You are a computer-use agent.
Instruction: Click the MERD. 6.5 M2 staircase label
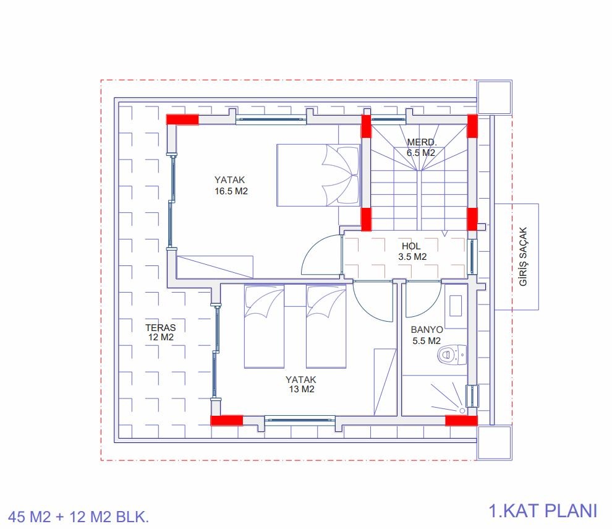point(421,147)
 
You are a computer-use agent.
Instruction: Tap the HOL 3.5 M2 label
point(412,251)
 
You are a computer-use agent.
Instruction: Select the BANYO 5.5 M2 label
point(427,335)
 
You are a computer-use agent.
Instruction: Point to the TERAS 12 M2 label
point(160,332)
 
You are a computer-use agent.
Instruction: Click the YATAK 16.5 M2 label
point(231,185)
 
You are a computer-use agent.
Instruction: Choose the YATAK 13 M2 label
point(301,384)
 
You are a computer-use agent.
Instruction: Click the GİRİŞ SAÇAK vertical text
point(523,256)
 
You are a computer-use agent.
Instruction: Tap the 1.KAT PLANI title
point(543,510)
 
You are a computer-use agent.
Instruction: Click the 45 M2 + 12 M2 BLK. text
point(79,517)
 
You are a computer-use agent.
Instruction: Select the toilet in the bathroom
point(452,355)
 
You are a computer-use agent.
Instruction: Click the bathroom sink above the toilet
point(456,306)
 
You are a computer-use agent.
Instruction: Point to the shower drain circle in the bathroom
point(462,411)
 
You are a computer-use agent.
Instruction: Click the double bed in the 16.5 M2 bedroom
point(318,175)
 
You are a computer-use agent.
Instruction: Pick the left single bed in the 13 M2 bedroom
point(264,327)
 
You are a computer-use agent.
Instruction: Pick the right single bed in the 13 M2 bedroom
point(326,327)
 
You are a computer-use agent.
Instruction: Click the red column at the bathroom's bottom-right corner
point(461,421)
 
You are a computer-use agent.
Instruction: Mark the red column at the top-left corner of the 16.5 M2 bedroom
point(182,119)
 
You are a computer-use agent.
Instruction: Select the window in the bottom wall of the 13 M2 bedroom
point(300,420)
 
